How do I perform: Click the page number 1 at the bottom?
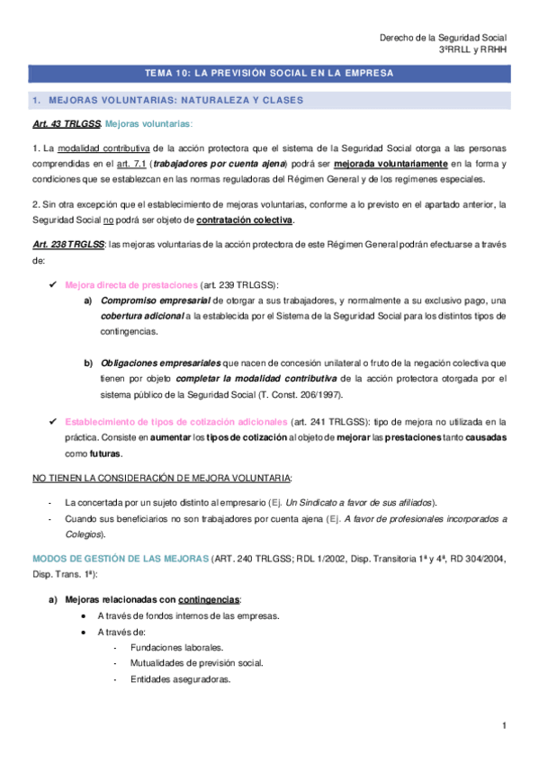[x=505, y=725]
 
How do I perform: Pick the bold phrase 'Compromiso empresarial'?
[x=156, y=300]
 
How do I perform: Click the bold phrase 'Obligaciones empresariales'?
[x=163, y=362]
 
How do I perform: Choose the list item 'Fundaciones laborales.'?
[x=177, y=647]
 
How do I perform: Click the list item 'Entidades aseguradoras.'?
[x=180, y=679]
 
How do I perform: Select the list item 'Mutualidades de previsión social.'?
[x=196, y=663]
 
